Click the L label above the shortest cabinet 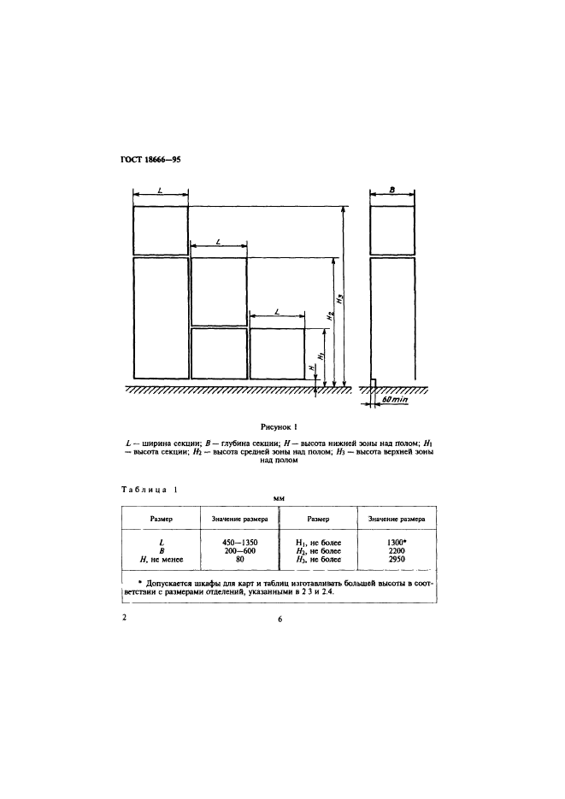click(278, 314)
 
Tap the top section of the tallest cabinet click(160, 230)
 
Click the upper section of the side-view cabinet click(392, 230)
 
